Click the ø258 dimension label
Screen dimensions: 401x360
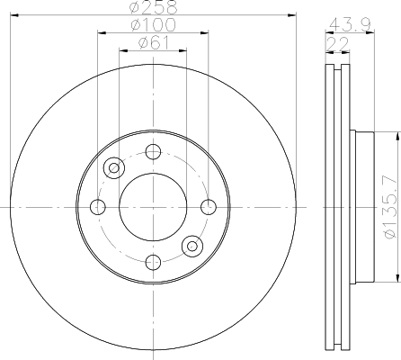click(153, 7)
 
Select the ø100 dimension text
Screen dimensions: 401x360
click(153, 24)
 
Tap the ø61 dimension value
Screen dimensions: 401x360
click(154, 43)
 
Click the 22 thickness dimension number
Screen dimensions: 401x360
click(337, 44)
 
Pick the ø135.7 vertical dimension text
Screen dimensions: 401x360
click(392, 207)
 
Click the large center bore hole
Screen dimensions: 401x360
click(153, 207)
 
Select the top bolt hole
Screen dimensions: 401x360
click(153, 152)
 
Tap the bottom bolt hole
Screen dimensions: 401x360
click(153, 262)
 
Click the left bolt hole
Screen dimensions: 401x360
click(98, 207)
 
